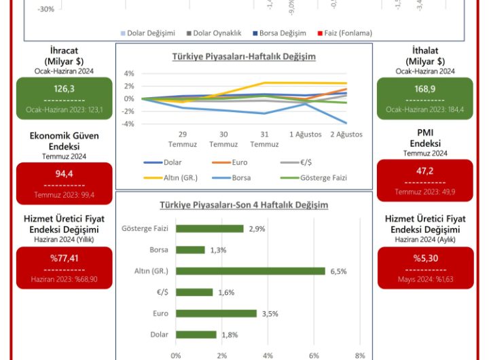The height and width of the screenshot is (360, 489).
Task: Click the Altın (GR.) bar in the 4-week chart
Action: click(x=250, y=271)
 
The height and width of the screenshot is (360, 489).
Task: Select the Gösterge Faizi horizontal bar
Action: click(x=209, y=229)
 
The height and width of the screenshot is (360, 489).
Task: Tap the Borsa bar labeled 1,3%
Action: click(x=190, y=250)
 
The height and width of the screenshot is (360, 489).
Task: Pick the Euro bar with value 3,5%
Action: click(x=216, y=313)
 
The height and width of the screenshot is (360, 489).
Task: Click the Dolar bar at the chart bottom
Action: click(x=196, y=334)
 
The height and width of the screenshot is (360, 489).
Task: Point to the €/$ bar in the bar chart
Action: click(x=194, y=292)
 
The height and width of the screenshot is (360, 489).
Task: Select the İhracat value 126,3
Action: click(x=64, y=89)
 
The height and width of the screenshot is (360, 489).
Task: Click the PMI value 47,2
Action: click(x=424, y=171)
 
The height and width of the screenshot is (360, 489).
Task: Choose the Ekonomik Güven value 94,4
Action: click(x=64, y=174)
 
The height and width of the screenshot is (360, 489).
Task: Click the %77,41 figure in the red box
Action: click(x=64, y=258)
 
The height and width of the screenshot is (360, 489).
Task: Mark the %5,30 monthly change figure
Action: click(x=424, y=258)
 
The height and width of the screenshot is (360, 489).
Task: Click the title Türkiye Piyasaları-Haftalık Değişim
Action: click(x=243, y=57)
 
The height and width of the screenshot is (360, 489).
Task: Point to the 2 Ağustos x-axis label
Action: click(x=346, y=134)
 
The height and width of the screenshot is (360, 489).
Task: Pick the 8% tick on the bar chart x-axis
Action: click(x=360, y=355)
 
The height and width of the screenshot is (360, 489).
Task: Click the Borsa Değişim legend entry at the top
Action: click(x=279, y=33)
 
